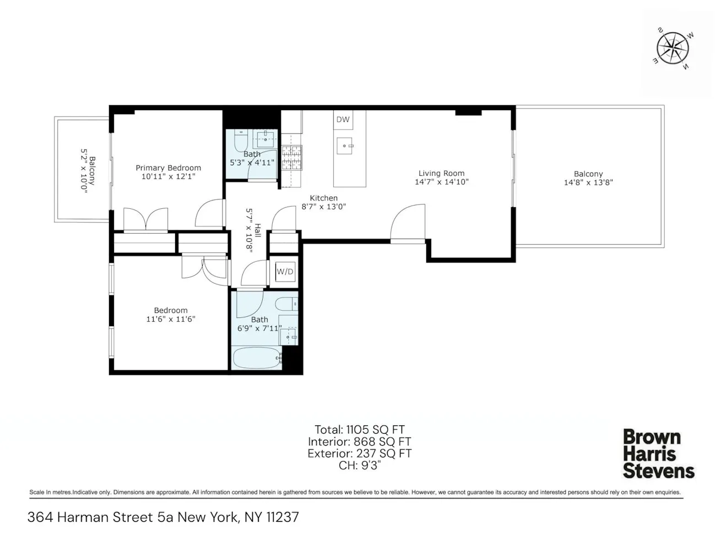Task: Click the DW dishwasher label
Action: coord(343,120)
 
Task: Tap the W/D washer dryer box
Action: coord(285,272)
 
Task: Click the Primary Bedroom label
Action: coord(168,168)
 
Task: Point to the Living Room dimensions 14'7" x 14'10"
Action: coord(441,182)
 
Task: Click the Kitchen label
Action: coord(323,198)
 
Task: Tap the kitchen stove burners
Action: coord(292,158)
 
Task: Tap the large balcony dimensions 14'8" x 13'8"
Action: coord(588,182)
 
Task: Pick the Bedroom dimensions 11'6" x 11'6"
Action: coord(171,319)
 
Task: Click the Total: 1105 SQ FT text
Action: coord(359,430)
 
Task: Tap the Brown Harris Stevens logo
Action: coord(658,454)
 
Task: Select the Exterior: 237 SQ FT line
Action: coord(359,453)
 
